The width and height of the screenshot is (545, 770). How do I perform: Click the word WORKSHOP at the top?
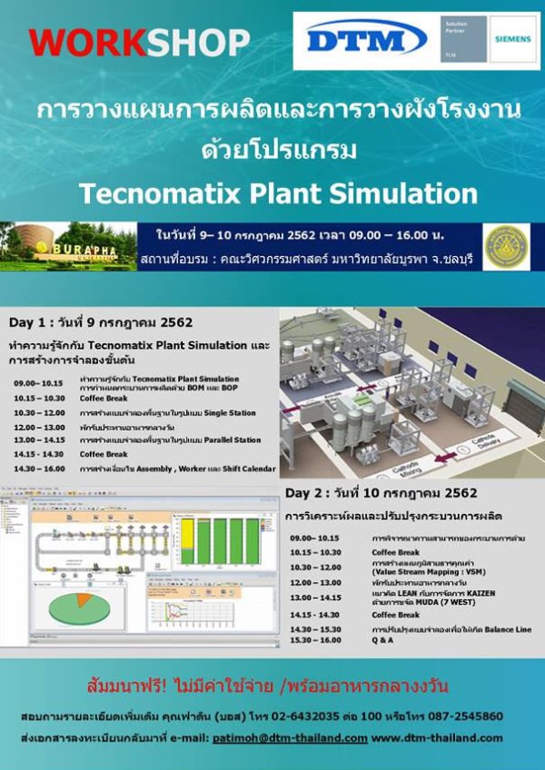tap(139, 41)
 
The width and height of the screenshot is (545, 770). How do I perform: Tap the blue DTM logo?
tap(366, 39)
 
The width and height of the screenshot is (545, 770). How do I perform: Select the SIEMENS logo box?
tap(513, 38)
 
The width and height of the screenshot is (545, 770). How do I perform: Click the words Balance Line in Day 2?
tap(499, 629)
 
